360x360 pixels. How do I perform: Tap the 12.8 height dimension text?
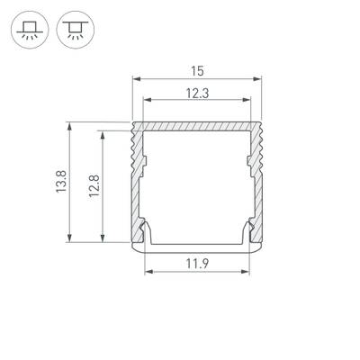pyautogui.click(x=93, y=186)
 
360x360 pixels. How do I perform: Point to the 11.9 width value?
pyautogui.click(x=199, y=264)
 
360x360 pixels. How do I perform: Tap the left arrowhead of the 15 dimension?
pyautogui.click(x=136, y=78)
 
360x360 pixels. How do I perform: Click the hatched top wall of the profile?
pyautogui.click(x=199, y=127)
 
